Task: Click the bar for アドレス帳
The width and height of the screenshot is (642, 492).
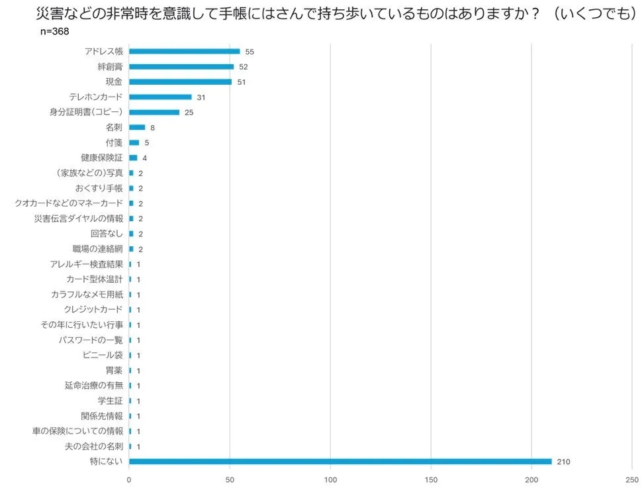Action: coord(184,51)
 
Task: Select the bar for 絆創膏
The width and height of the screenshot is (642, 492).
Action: coord(181,66)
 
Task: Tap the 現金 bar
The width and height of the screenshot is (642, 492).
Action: coord(180,81)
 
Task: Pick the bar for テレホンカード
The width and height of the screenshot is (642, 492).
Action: coord(160,97)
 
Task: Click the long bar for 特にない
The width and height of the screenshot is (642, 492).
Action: coord(340,462)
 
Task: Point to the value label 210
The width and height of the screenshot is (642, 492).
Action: coord(563,462)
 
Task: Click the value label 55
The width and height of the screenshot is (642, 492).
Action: coord(250,52)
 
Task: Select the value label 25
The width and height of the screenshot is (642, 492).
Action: coord(189,113)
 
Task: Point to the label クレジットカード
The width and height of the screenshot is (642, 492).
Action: coord(93,309)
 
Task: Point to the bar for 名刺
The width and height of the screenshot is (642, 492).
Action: coord(137,127)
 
